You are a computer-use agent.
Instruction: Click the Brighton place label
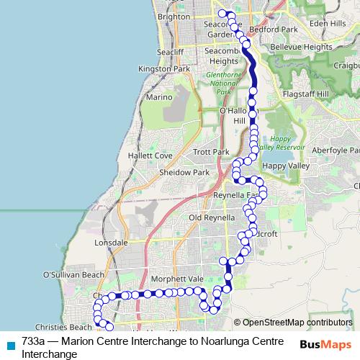(x=174, y=16)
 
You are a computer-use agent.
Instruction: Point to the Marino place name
(x=158, y=96)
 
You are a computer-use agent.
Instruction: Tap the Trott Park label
(x=211, y=153)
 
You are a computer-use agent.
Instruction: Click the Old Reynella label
(x=212, y=217)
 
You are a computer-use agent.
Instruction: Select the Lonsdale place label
(x=111, y=243)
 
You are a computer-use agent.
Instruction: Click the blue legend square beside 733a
(x=11, y=345)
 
